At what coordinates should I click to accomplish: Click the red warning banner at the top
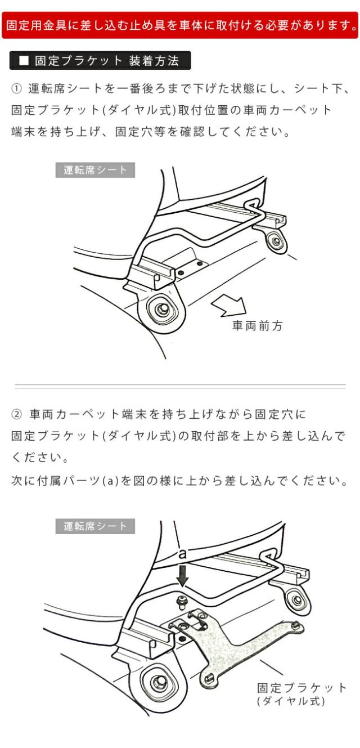tap(180, 25)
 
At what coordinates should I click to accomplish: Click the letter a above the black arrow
tap(182, 554)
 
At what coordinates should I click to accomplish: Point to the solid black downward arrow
tap(182, 575)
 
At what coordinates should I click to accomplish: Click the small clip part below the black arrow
tap(181, 601)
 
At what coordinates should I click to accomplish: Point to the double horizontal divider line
tap(180, 387)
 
